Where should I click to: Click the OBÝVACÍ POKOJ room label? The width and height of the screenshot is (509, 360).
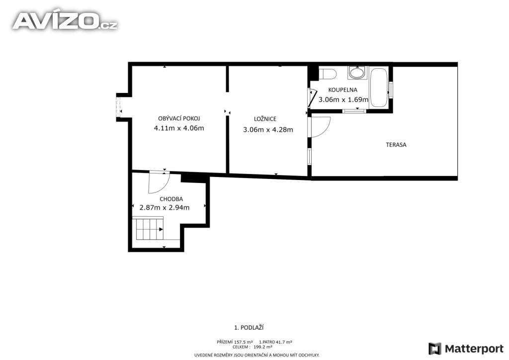[179, 118]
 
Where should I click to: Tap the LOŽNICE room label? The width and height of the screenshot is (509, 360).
[265, 119]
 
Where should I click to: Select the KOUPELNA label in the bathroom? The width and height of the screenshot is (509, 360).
[342, 90]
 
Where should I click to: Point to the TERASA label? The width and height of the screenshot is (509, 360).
[396, 145]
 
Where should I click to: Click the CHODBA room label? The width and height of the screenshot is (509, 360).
[171, 199]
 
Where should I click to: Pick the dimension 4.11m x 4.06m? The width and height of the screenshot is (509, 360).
[179, 128]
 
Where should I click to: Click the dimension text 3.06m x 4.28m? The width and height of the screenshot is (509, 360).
[268, 130]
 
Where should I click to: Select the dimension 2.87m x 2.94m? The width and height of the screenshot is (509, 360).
[165, 207]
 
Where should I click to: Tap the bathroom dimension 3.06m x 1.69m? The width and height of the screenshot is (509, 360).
[343, 99]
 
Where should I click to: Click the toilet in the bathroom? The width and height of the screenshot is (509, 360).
[328, 74]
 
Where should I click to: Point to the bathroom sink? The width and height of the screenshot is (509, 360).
[357, 73]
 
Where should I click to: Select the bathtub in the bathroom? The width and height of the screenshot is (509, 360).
[379, 88]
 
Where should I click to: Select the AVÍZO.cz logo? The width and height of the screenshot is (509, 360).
[65, 21]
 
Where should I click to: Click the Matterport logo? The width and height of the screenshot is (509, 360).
[466, 349]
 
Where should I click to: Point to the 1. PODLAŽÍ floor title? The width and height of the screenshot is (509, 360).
[249, 328]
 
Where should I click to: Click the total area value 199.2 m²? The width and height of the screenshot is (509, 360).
[262, 347]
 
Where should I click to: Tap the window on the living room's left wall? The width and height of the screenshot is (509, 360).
[118, 107]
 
